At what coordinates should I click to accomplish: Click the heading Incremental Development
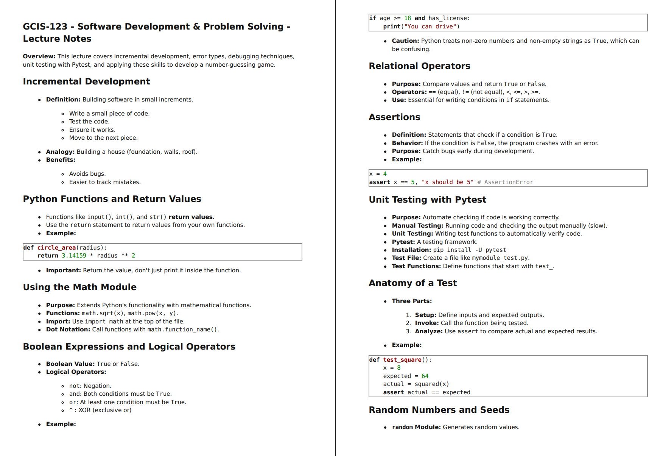[x=86, y=81]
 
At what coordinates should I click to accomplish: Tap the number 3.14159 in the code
[x=74, y=256]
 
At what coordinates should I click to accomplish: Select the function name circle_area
[x=56, y=248]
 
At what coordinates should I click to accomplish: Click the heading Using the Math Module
[x=79, y=287]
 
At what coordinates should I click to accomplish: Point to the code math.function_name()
[x=183, y=330]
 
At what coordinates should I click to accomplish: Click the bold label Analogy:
[x=60, y=152]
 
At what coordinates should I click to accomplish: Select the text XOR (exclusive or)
[x=105, y=410]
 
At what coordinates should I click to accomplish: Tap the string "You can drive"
[x=432, y=27]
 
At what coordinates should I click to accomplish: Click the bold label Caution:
[x=405, y=41]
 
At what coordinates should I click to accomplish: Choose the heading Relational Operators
[x=419, y=66]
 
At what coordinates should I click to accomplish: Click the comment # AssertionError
[x=505, y=182]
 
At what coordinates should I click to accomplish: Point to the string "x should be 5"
[x=447, y=182]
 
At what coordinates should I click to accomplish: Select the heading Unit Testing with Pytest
[x=427, y=200]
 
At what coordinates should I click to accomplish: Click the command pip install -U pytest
[x=469, y=250]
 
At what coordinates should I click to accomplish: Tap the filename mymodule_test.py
[x=500, y=258]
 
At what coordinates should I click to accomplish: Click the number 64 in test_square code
[x=425, y=376]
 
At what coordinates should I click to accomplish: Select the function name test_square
[x=402, y=360]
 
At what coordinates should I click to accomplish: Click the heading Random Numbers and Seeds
[x=439, y=410]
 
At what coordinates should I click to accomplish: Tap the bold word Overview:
[x=39, y=56]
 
